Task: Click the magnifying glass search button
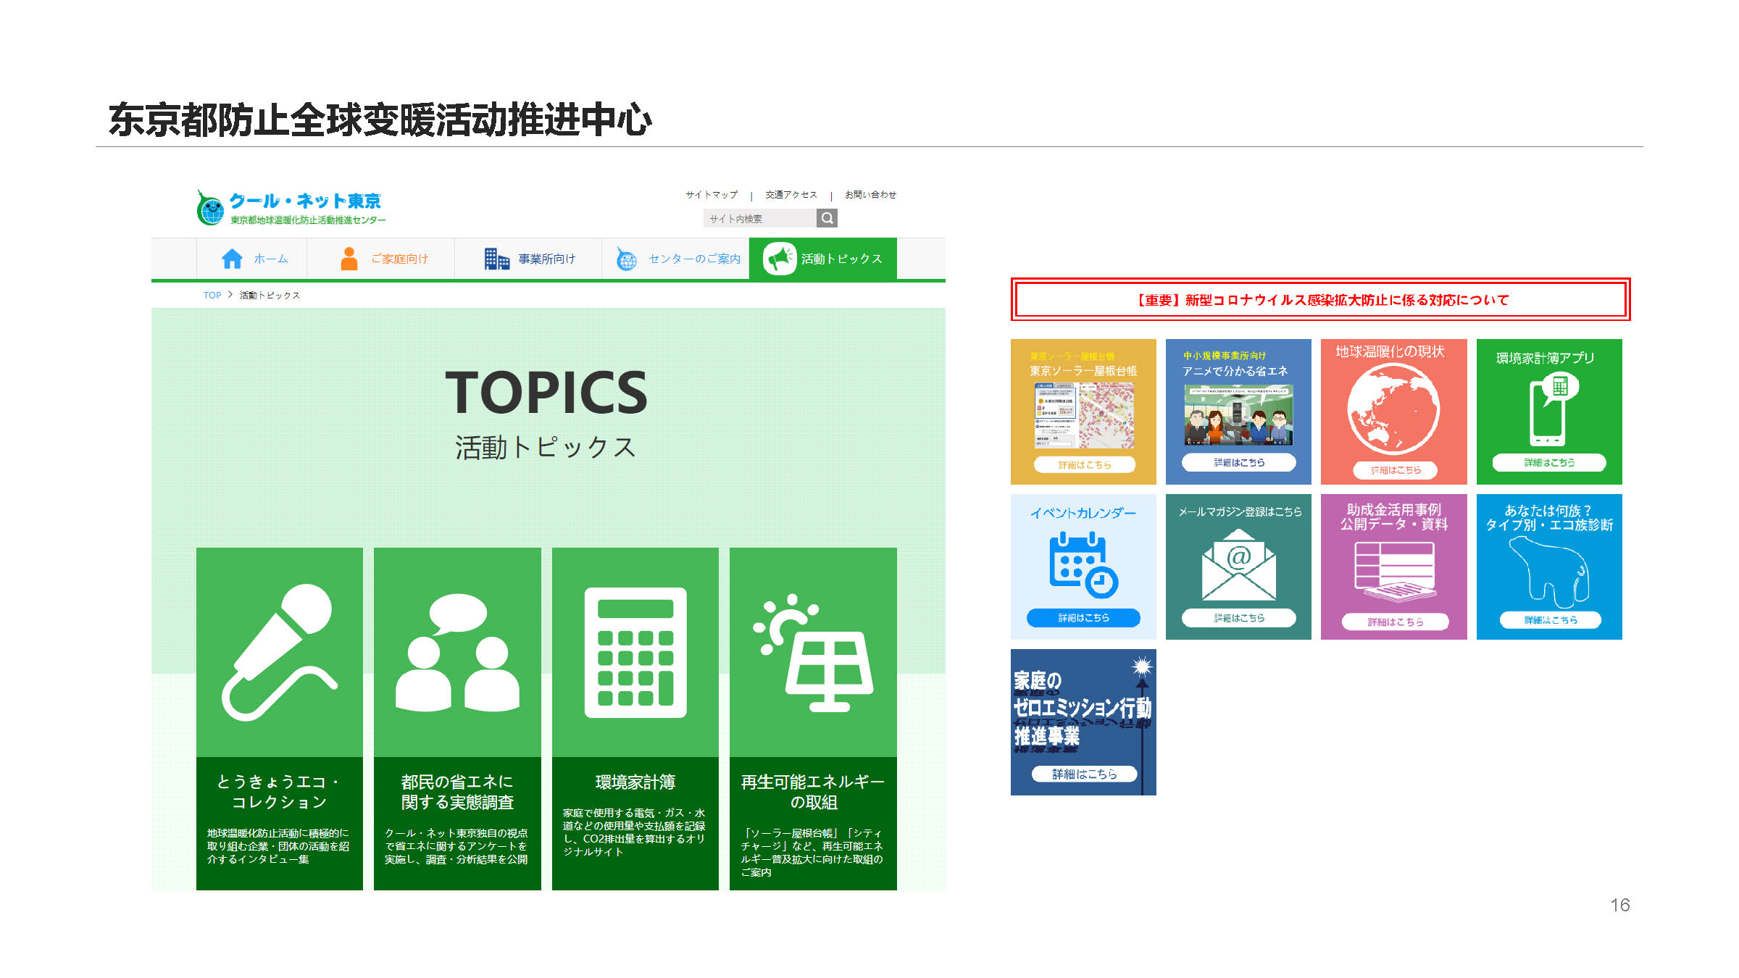tap(827, 218)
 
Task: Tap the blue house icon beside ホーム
tap(232, 259)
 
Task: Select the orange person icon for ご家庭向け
tap(349, 259)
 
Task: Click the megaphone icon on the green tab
tap(780, 259)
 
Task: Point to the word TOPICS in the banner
tap(546, 393)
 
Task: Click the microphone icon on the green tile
tap(279, 652)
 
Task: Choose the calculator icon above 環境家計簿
tap(635, 652)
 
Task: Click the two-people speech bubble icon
tap(457, 652)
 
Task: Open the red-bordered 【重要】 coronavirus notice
tap(1320, 299)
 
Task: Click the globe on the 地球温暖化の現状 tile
tap(1393, 410)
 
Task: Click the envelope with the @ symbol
tap(1238, 565)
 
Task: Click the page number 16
tap(1619, 905)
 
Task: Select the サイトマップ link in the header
tap(712, 195)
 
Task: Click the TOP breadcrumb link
tap(212, 296)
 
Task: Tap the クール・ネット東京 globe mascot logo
tap(211, 209)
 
